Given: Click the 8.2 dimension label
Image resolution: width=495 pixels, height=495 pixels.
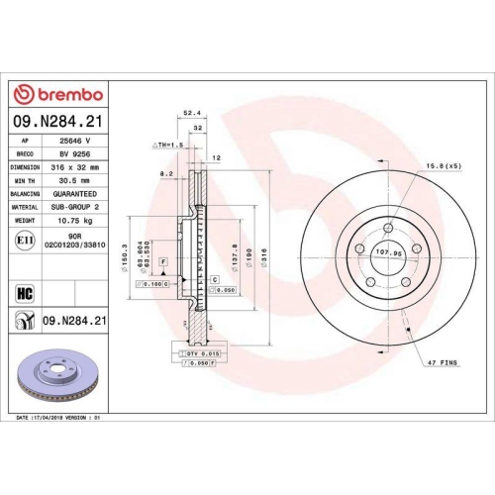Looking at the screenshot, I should pos(167,173).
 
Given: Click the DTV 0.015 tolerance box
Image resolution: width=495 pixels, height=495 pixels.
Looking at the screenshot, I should pos(197,352).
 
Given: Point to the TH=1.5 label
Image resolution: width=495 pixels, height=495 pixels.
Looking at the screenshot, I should pos(169,145).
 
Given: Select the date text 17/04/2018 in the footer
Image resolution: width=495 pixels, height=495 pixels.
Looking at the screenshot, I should pos(50,419).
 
